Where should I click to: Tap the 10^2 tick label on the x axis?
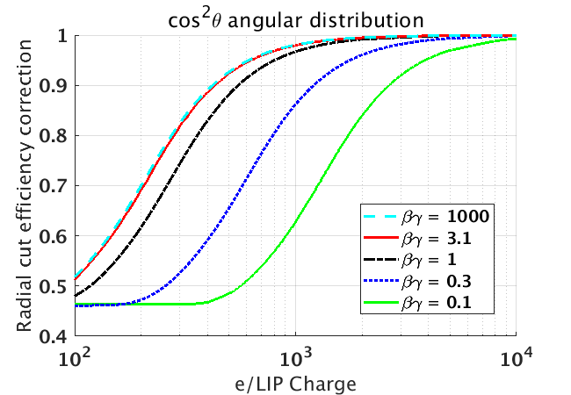[76, 357]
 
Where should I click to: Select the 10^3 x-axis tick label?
[295, 357]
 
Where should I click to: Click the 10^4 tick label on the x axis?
[515, 357]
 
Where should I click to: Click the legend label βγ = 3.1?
[444, 238]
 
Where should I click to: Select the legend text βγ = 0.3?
[444, 282]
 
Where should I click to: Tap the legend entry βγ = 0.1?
[444, 304]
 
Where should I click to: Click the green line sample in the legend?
[383, 304]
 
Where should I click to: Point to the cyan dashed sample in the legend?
[383, 216]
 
